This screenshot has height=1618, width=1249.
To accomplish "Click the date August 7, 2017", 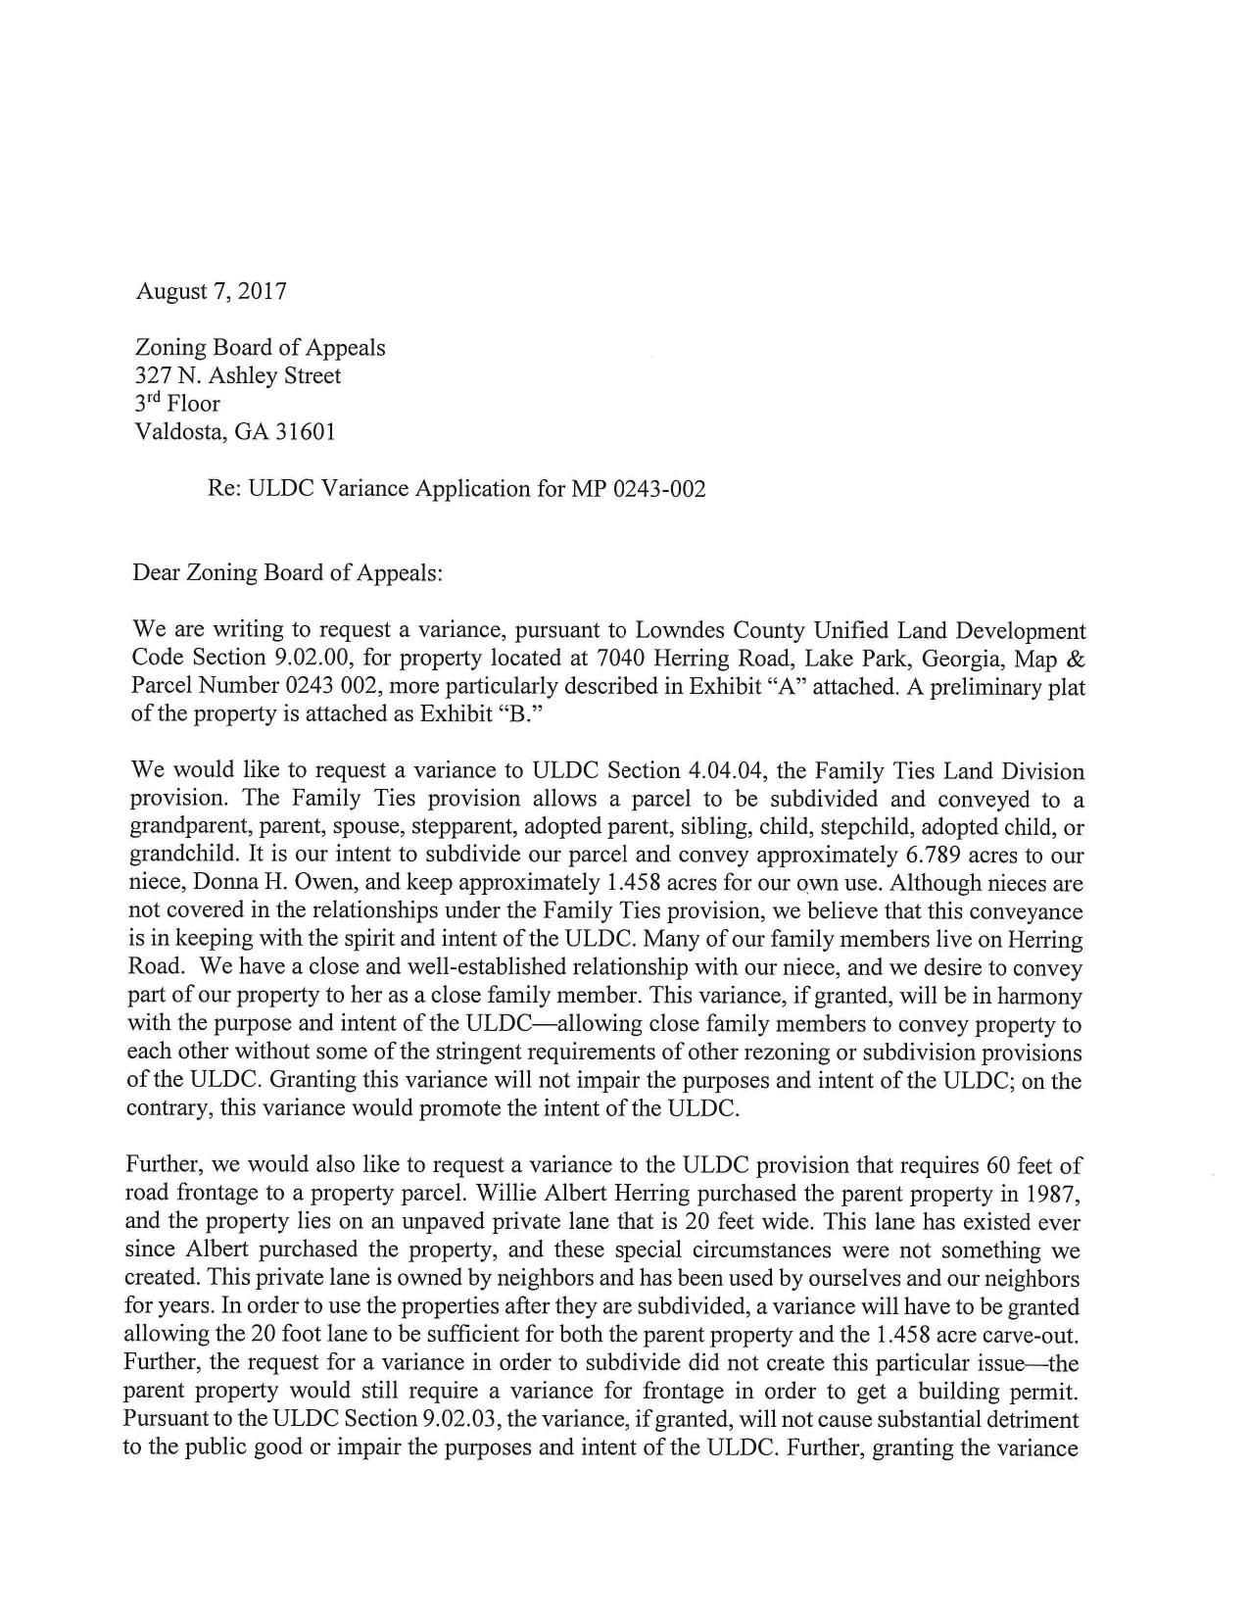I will coord(211,291).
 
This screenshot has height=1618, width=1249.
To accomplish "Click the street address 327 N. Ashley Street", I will coord(237,375).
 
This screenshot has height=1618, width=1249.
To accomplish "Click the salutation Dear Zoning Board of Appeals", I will coord(287,572).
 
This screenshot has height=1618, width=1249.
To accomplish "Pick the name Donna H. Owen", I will coord(264,883).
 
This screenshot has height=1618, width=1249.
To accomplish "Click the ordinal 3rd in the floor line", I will coord(148,403).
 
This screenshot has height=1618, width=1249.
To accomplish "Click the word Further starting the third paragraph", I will coord(164,1165).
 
